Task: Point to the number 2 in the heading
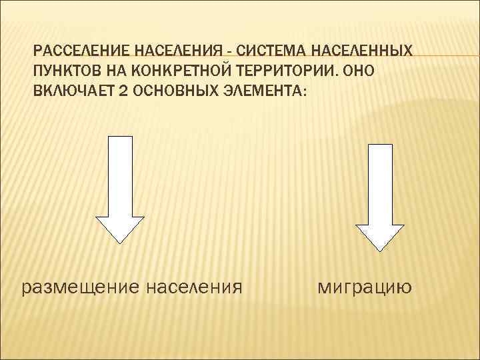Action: tap(126, 91)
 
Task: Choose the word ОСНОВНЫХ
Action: tap(172, 91)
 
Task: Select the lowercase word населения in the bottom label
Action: tap(191, 287)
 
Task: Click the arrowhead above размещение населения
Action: tap(120, 229)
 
